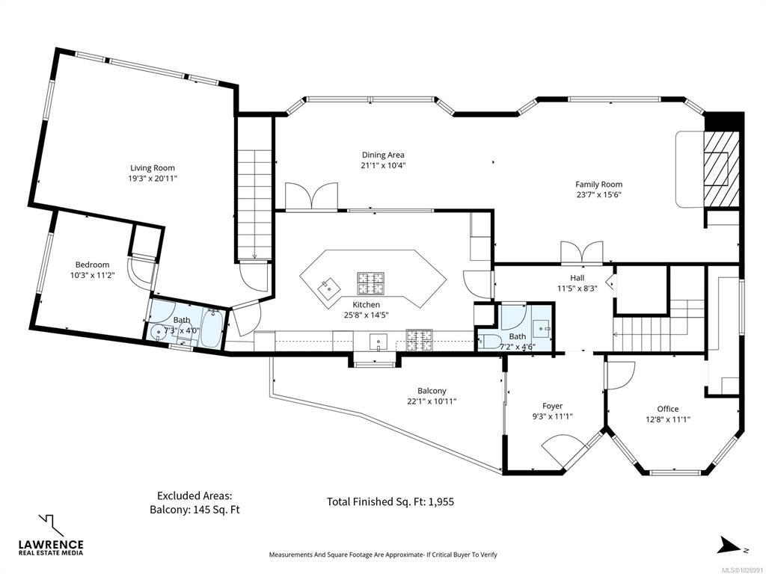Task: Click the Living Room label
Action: click(x=153, y=168)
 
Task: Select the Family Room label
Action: click(x=599, y=184)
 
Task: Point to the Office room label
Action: click(x=668, y=409)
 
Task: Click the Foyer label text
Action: click(x=553, y=406)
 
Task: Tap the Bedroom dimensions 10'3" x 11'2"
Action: click(x=92, y=275)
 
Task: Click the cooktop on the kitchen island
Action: click(x=370, y=283)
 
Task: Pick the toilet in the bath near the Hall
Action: click(x=487, y=342)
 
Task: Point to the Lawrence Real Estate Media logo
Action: click(x=51, y=535)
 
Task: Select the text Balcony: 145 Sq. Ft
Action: click(x=194, y=510)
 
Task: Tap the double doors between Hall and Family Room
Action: click(x=582, y=253)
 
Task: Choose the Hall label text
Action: click(x=577, y=278)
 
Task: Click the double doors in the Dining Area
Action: click(x=312, y=197)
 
